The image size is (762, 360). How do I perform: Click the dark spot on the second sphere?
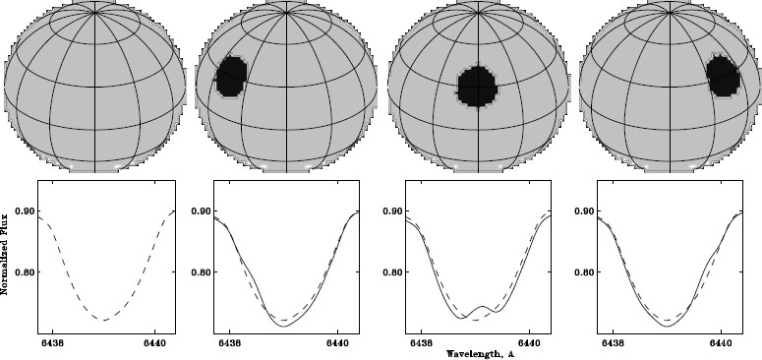[232, 76]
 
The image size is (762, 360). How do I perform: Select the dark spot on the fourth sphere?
[723, 76]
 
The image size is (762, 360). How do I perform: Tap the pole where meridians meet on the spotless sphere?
[93, 12]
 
